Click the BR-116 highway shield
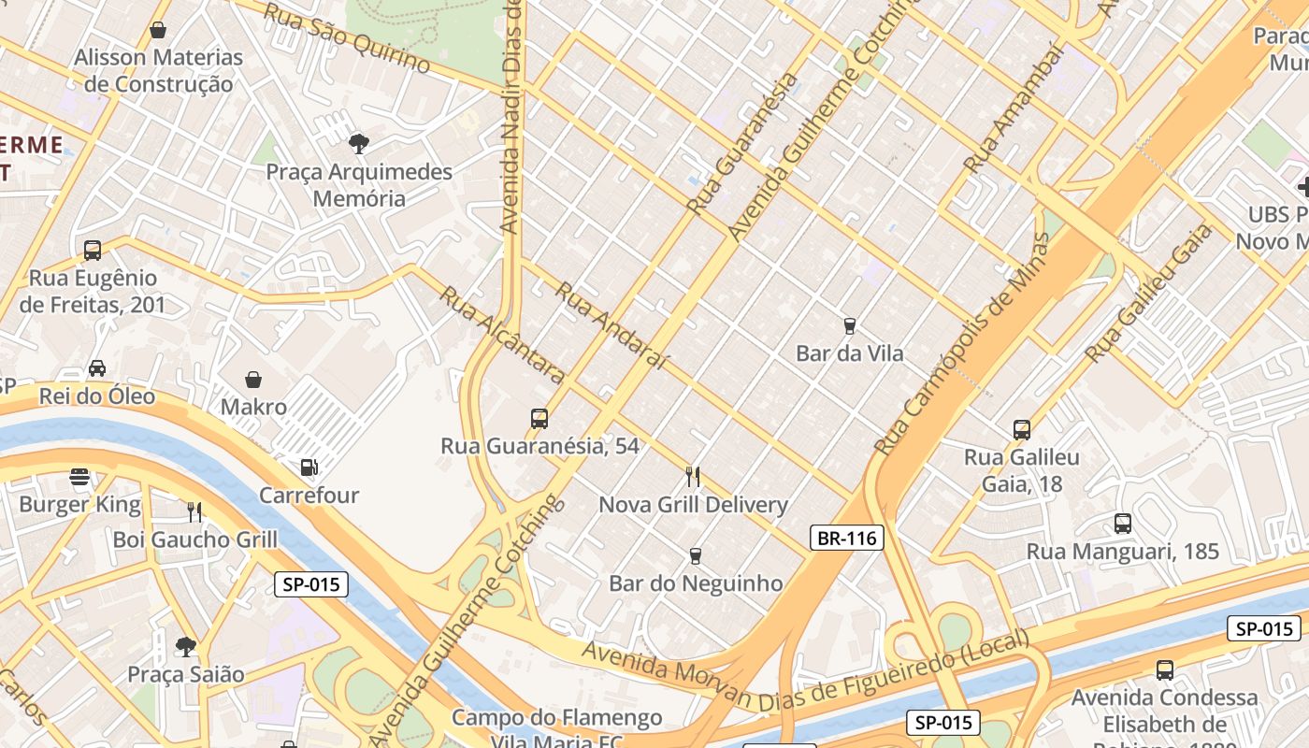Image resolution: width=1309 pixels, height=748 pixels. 846,538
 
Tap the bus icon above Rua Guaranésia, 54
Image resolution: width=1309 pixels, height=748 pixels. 539,418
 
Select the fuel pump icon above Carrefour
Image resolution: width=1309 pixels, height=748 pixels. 309,467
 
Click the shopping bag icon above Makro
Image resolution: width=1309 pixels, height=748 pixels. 253,379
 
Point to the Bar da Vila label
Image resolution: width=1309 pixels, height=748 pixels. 849,353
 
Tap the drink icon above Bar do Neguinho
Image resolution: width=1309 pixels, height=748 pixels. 695,555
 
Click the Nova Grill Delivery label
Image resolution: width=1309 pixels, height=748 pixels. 693,505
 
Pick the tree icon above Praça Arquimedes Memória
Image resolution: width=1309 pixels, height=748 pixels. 358,143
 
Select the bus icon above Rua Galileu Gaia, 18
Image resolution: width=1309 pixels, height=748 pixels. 1022,430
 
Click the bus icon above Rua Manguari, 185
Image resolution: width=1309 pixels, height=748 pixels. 1123,524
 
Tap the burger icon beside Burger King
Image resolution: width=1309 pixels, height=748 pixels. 79,478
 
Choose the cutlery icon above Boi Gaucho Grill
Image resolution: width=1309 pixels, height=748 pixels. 194,511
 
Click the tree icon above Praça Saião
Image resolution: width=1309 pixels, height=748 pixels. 186,646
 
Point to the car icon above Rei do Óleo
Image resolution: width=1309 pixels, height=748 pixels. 97,368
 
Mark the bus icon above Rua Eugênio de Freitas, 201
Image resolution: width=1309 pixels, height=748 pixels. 93,250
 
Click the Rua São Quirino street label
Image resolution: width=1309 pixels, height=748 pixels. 346,38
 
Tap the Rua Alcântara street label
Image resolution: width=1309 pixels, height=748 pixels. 502,335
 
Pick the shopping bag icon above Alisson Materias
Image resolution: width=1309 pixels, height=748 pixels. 158,30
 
